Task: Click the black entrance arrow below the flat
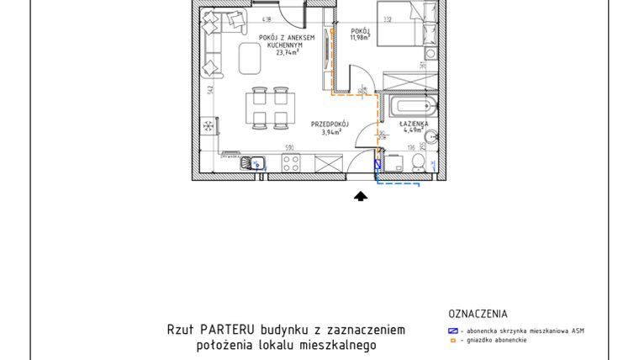pos(361,196)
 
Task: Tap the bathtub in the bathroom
pos(408,107)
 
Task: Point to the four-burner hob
pos(292,164)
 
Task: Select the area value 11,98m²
pos(362,39)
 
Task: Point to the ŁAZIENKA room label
pos(415,123)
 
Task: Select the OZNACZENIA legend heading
pos(478,314)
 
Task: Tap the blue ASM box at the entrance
pos(378,165)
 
